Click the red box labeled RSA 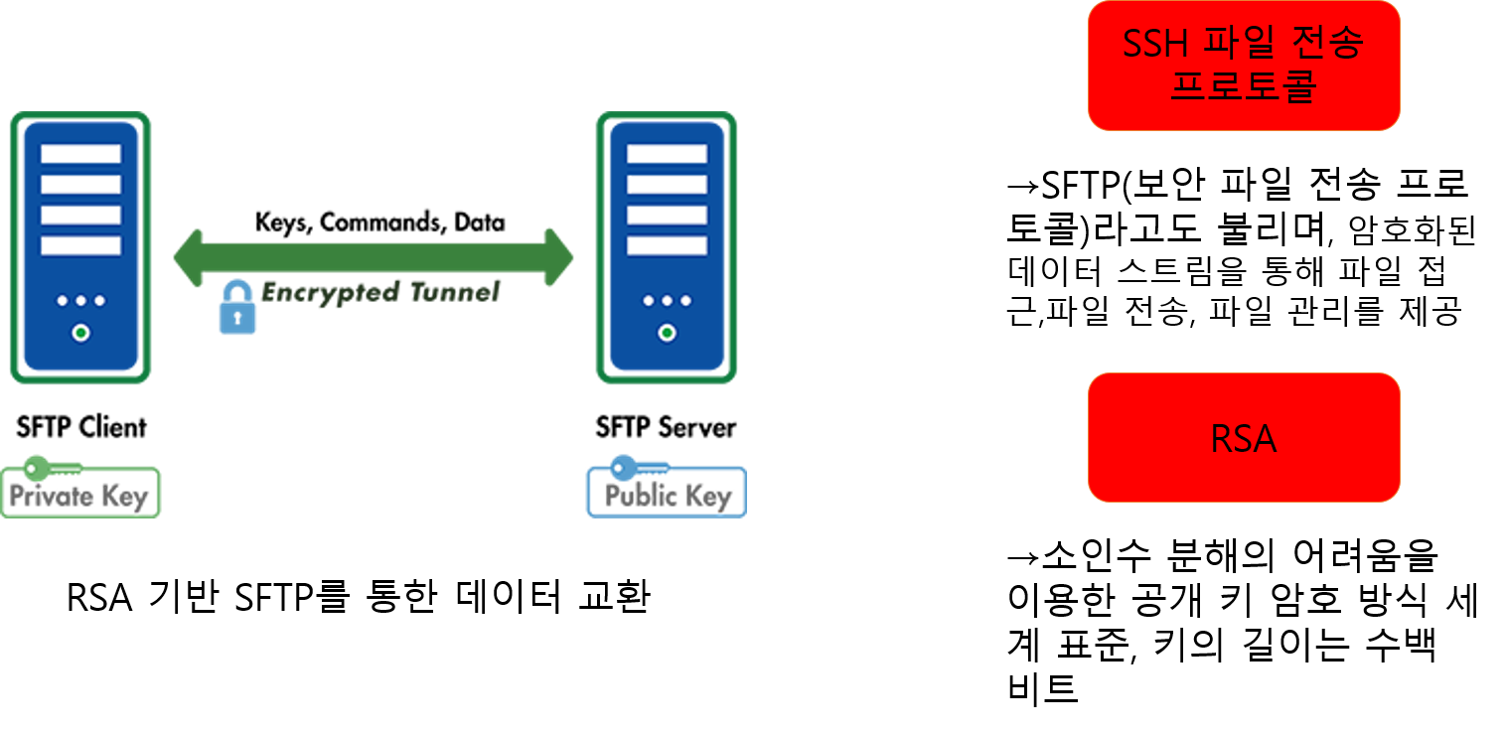point(1244,437)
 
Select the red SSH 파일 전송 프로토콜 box point(1244,66)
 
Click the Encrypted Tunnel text point(379,292)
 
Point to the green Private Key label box point(79,494)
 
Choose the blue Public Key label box point(667,494)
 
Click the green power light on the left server point(81,333)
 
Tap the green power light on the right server point(668,333)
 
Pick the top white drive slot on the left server point(81,154)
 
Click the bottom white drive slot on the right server point(668,245)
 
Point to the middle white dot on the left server point(81,301)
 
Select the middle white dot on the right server point(668,301)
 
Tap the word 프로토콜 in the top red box point(1244,86)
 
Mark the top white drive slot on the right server point(668,154)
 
